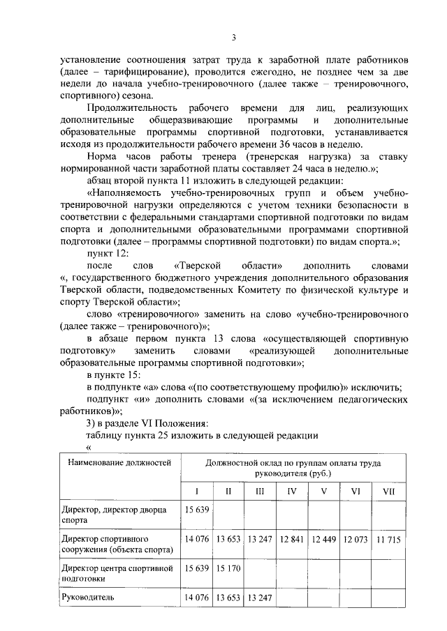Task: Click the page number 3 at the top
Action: coord(235,37)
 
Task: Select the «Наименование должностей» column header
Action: coord(116,463)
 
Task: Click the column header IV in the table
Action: coord(292,492)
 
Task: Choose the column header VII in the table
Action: coord(388,492)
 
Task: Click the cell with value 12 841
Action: coord(292,539)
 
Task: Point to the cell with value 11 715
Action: coord(388,539)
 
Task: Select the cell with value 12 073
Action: coord(356,539)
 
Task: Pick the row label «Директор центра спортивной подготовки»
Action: coord(116,573)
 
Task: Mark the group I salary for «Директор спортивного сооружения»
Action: coord(196,539)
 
